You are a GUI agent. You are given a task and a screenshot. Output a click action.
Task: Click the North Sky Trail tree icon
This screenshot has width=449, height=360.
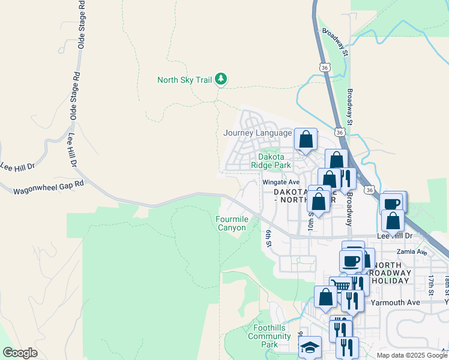(221, 79)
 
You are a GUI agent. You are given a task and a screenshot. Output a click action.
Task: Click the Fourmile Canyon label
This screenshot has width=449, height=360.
(231, 223)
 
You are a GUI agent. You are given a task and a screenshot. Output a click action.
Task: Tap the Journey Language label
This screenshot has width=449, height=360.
(257, 133)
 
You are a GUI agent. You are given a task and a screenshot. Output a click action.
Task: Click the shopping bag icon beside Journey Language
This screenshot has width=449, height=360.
(306, 139)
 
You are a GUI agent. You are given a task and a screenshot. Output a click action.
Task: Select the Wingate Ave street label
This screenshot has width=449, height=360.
(280, 182)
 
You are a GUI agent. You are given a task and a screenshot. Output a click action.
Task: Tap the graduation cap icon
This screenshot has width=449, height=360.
(310, 347)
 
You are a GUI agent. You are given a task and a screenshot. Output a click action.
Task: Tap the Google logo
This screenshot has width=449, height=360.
(20, 353)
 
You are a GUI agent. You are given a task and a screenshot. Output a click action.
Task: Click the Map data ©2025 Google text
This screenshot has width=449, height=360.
(411, 355)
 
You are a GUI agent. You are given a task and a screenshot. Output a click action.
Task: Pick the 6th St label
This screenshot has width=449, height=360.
(270, 237)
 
